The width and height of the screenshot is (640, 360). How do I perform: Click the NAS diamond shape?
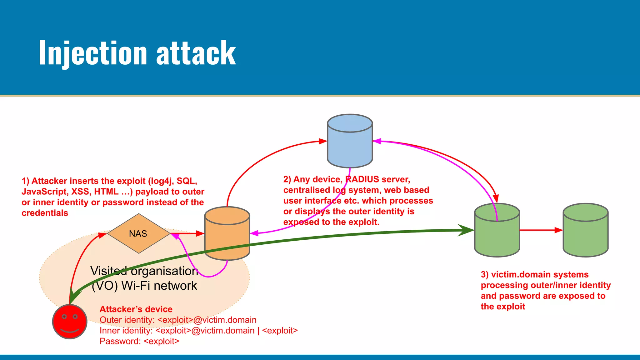(x=138, y=233)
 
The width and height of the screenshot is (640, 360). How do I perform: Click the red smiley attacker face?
(x=69, y=322)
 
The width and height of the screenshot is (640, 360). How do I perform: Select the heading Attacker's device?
(x=136, y=309)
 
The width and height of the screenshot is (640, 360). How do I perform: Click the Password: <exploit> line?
(x=139, y=341)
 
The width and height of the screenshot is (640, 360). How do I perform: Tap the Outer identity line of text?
(x=178, y=320)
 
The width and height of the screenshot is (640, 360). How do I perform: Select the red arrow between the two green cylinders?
(x=541, y=230)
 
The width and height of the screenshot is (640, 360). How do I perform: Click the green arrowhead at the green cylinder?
(x=466, y=230)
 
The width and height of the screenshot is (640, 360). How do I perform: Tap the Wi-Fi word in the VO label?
(x=136, y=286)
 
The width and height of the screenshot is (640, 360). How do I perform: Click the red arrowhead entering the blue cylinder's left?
(x=322, y=141)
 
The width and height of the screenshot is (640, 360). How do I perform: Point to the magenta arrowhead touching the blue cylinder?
(x=377, y=141)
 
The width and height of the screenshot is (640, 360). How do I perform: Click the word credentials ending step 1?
(x=45, y=213)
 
